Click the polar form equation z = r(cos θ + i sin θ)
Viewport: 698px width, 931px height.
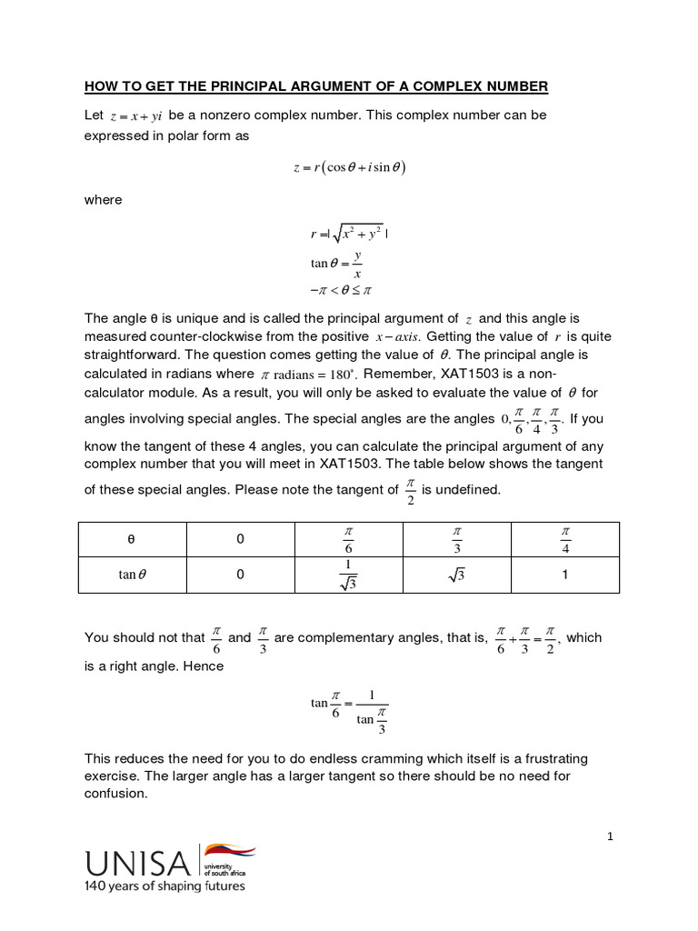(349, 167)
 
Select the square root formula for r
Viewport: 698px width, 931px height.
(349, 234)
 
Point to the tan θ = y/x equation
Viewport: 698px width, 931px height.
(335, 264)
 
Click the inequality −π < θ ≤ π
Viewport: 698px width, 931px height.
(342, 291)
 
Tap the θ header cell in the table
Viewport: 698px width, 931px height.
(132, 539)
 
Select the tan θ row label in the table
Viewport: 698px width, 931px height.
(132, 575)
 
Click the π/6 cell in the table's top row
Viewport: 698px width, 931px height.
(349, 539)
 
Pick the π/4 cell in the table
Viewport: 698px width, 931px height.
(564, 539)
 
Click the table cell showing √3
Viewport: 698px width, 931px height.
(456, 575)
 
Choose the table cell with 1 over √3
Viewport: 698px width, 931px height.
(349, 575)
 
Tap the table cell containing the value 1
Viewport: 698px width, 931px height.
(564, 575)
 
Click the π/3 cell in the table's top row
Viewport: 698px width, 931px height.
(456, 539)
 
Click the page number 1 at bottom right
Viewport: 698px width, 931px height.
(611, 836)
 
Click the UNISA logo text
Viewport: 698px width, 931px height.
(138, 863)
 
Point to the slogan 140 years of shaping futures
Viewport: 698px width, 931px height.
(165, 886)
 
